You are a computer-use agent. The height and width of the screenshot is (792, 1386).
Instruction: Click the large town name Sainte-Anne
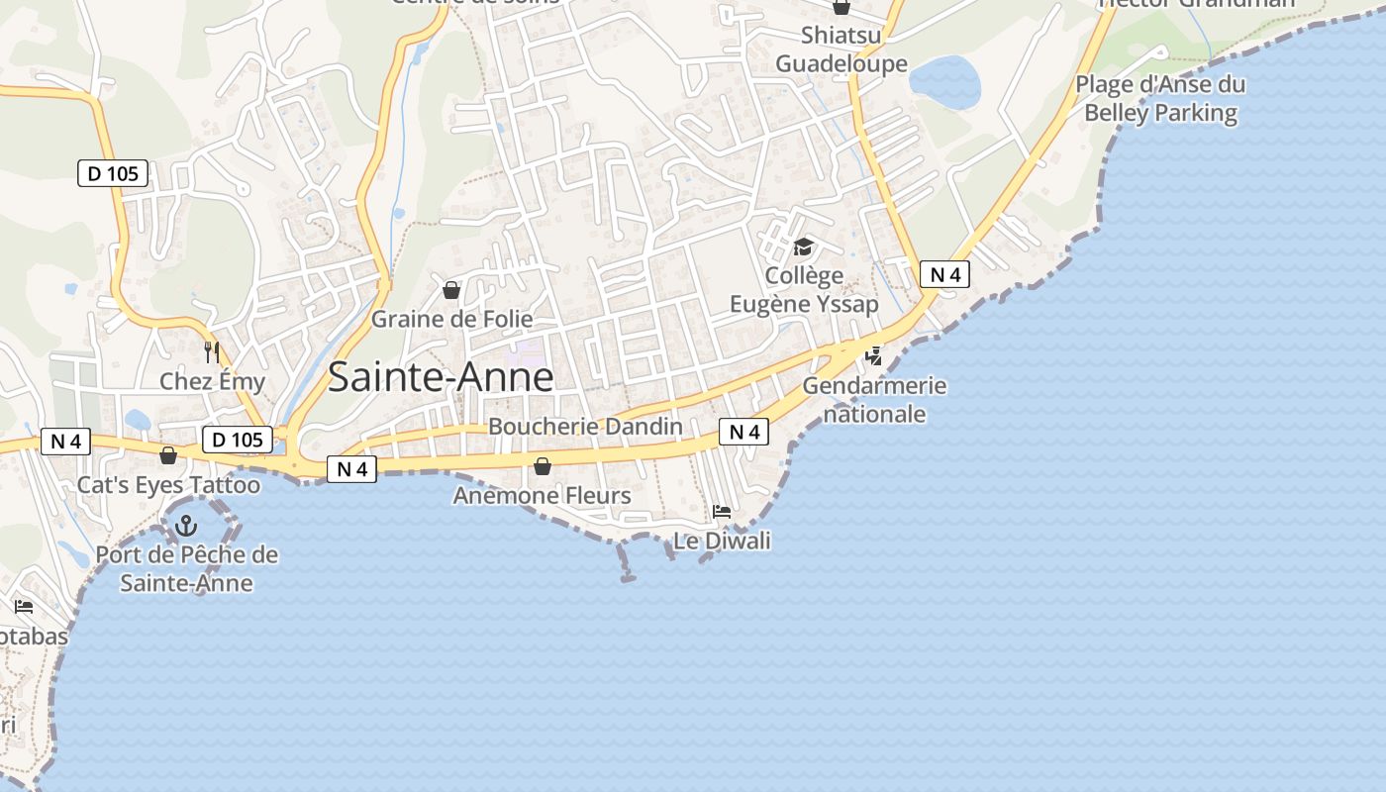pyautogui.click(x=440, y=377)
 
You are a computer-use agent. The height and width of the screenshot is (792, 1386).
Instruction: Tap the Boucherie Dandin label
pyautogui.click(x=585, y=427)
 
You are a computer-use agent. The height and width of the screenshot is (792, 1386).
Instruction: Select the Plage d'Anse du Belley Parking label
pyautogui.click(x=1160, y=98)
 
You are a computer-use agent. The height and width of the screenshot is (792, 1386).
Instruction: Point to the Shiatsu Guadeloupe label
pyautogui.click(x=841, y=49)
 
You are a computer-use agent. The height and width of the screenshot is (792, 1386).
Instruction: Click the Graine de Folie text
pyautogui.click(x=451, y=319)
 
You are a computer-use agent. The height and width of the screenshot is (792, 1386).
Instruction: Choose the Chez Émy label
pyautogui.click(x=212, y=381)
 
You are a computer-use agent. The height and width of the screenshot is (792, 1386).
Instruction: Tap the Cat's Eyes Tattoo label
pyautogui.click(x=168, y=485)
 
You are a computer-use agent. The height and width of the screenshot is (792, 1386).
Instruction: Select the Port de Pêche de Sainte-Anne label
pyautogui.click(x=186, y=568)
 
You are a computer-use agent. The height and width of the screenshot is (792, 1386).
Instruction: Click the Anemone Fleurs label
pyautogui.click(x=542, y=495)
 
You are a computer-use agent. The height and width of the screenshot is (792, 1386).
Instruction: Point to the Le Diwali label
pyautogui.click(x=722, y=541)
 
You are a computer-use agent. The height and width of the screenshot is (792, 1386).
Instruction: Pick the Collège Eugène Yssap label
pyautogui.click(x=803, y=289)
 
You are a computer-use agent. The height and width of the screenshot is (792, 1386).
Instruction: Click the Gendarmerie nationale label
pyautogui.click(x=874, y=399)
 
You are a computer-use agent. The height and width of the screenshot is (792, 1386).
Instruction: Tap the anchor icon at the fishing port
pyautogui.click(x=186, y=526)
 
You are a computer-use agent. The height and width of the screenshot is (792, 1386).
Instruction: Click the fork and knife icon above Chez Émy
pyautogui.click(x=211, y=351)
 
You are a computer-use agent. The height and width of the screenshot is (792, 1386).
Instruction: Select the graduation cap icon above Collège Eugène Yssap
pyautogui.click(x=803, y=247)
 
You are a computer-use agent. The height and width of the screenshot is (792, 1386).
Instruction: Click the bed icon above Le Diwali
pyautogui.click(x=722, y=512)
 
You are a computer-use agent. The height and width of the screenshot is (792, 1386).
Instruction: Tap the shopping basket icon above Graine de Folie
pyautogui.click(x=451, y=290)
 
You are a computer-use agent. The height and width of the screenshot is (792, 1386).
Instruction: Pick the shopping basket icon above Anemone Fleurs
pyautogui.click(x=543, y=466)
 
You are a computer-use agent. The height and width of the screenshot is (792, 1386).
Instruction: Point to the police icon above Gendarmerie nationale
pyautogui.click(x=873, y=356)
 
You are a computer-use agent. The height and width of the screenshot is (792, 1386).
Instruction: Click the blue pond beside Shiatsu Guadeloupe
pyautogui.click(x=944, y=81)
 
